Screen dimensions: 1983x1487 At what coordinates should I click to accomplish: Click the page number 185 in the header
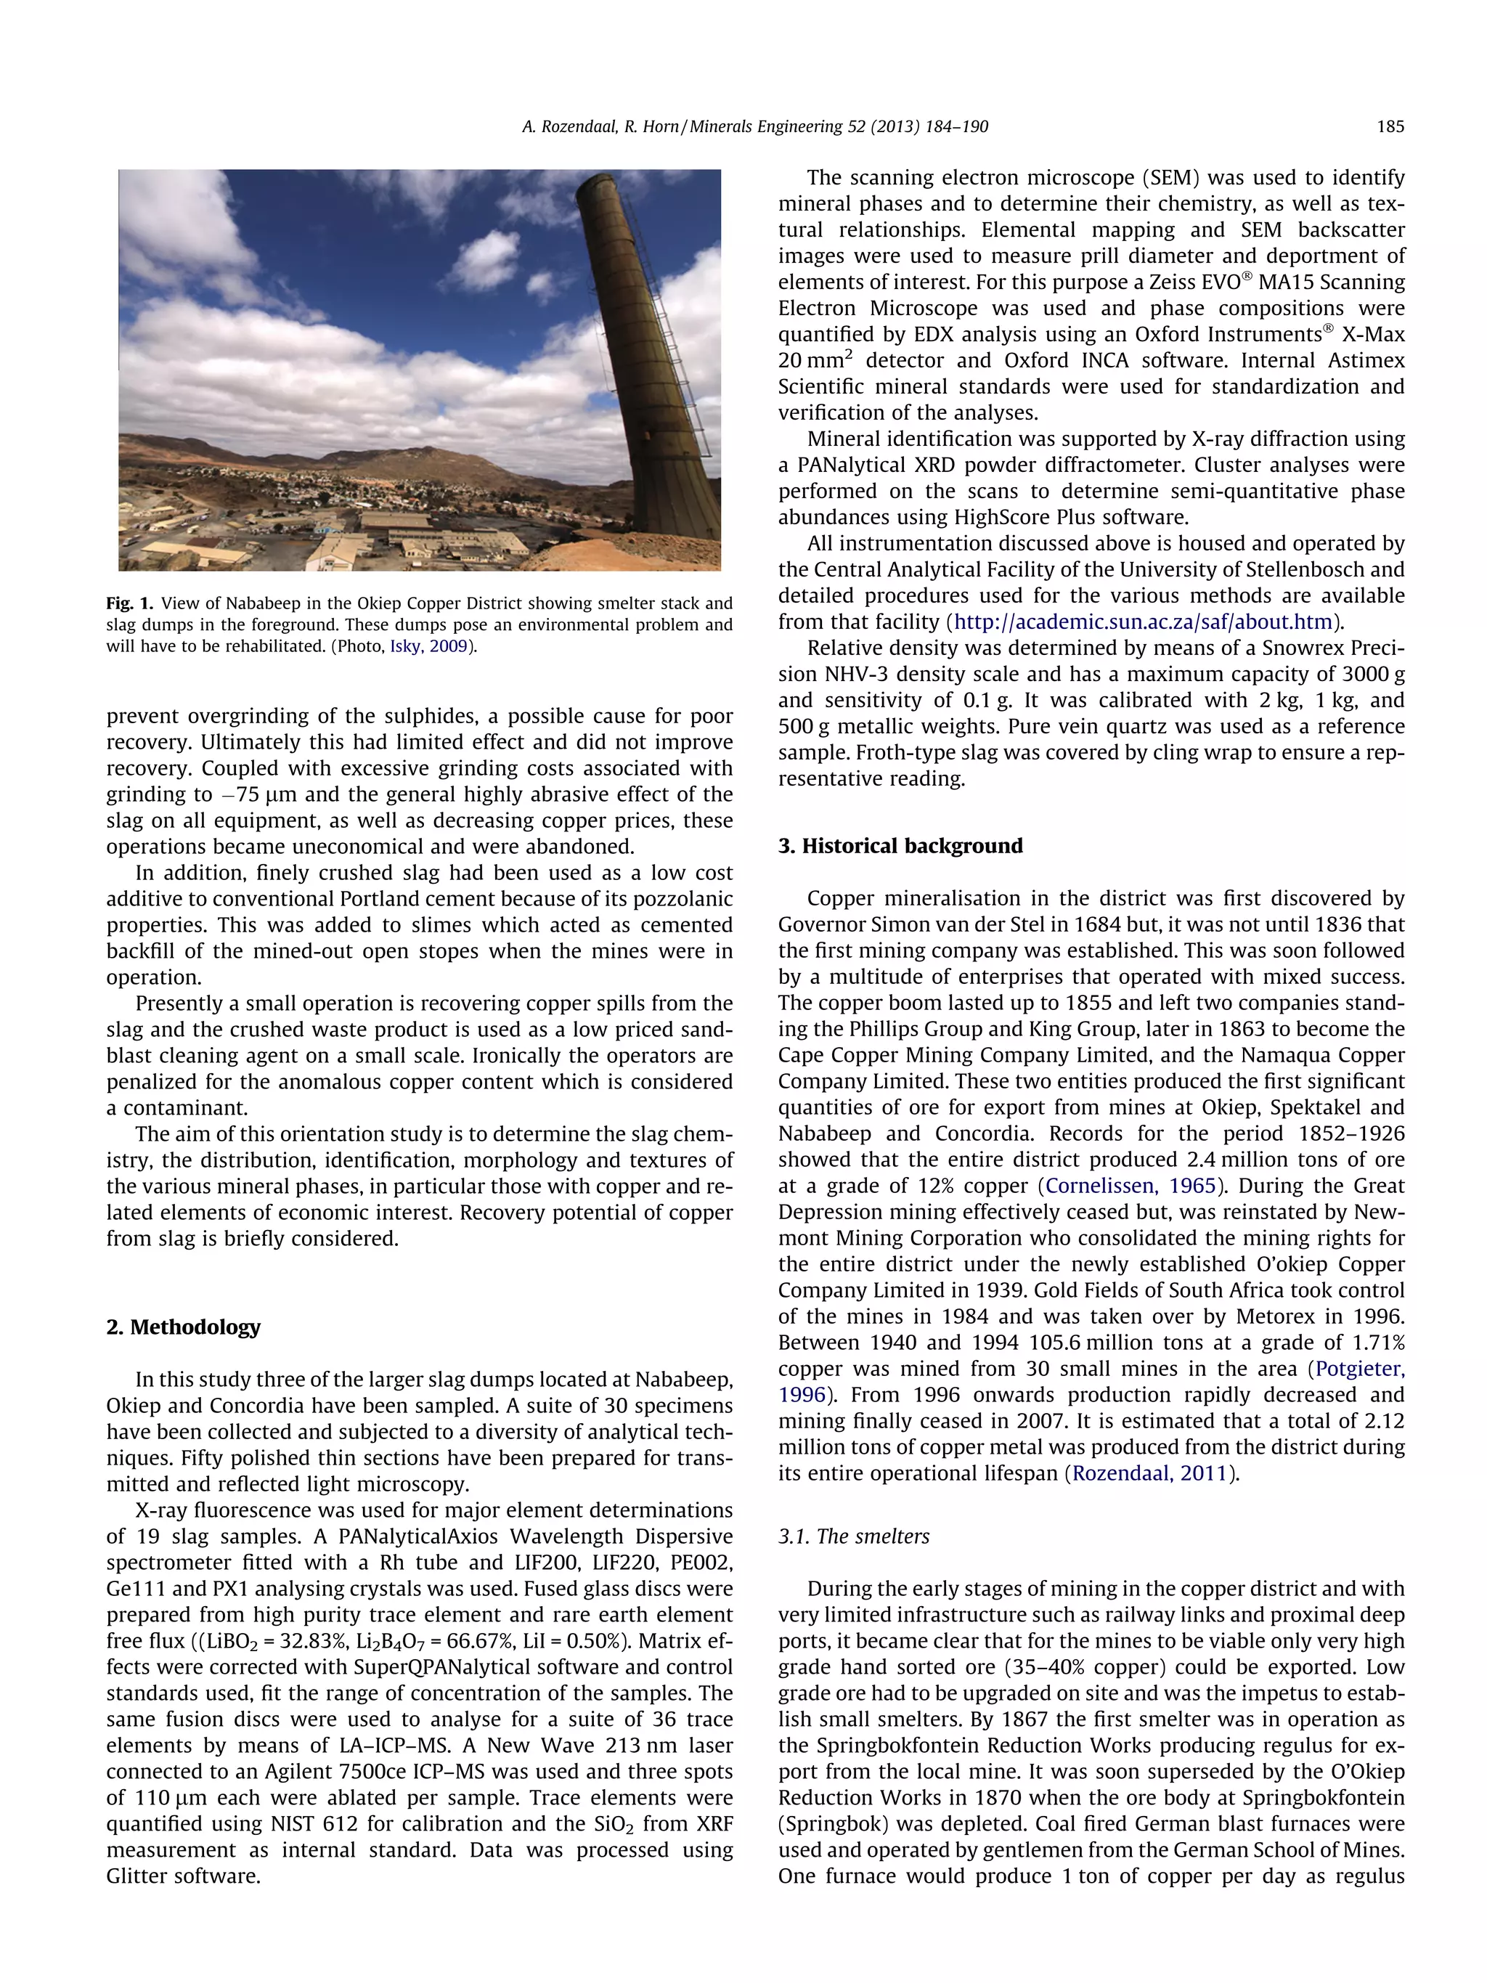(1390, 127)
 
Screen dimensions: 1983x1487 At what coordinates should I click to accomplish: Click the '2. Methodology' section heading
(183, 1327)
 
